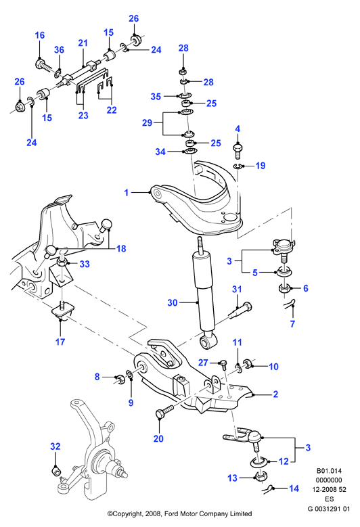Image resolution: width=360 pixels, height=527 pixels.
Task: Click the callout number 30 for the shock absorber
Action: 172,302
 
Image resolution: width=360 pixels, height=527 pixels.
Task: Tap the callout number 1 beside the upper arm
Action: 127,193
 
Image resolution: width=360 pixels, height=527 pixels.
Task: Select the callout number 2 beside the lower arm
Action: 275,394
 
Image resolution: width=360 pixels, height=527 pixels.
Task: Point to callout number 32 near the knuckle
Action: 55,446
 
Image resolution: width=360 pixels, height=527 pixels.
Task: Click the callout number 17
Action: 60,342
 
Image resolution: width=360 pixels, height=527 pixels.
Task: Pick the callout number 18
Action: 121,248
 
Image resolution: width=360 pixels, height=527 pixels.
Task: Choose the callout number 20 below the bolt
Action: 158,438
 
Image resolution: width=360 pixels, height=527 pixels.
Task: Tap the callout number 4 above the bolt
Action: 238,129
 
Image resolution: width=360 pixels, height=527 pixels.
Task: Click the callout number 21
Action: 83,43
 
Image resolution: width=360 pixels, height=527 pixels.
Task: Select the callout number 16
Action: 40,35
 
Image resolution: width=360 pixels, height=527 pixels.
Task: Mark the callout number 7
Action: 292,323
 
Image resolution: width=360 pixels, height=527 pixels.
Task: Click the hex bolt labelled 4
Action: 238,151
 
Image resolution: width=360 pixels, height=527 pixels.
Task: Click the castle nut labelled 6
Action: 284,288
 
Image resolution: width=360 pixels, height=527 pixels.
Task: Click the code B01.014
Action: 329,471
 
